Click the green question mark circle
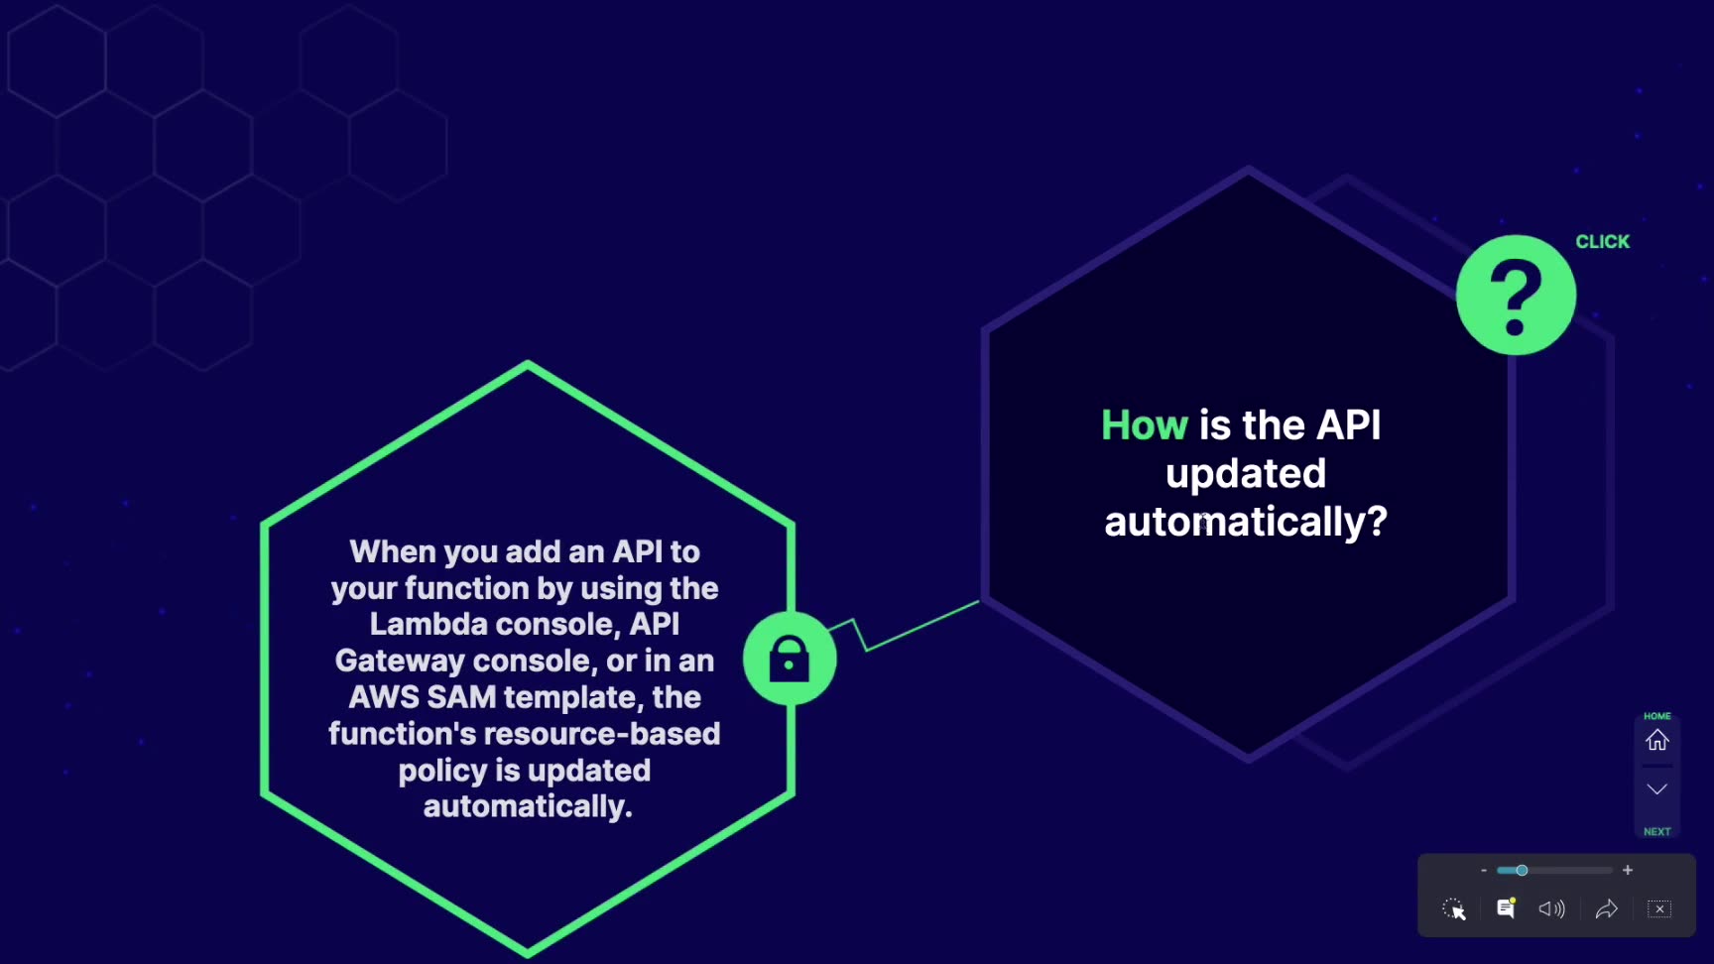(x=1516, y=295)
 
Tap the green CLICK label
(x=1602, y=242)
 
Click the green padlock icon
(x=790, y=659)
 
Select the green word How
(x=1144, y=425)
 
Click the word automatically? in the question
(x=1246, y=522)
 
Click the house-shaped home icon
(x=1657, y=740)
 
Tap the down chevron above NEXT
(x=1657, y=789)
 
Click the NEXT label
(x=1657, y=832)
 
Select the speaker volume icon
(x=1551, y=909)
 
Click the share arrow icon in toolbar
(x=1606, y=909)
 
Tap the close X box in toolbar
(x=1659, y=908)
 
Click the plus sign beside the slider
(x=1628, y=870)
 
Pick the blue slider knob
(x=1522, y=870)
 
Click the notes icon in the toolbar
(x=1506, y=908)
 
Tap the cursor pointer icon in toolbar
(x=1454, y=909)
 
